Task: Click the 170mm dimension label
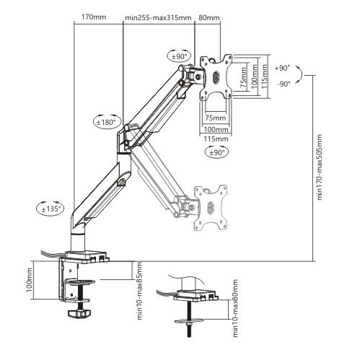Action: (x=94, y=17)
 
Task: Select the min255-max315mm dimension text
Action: (x=158, y=18)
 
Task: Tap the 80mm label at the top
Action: (x=209, y=17)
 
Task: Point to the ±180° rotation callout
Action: (x=107, y=121)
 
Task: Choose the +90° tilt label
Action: (x=282, y=68)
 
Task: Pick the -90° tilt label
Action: (x=284, y=84)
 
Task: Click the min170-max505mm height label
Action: (x=320, y=167)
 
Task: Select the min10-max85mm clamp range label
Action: (x=139, y=291)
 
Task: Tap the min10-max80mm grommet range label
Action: (x=235, y=308)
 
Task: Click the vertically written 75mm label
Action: (x=243, y=77)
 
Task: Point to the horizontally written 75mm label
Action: (x=216, y=118)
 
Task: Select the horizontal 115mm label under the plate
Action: (x=216, y=139)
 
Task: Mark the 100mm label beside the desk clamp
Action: (x=30, y=281)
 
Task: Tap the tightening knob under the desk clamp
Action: (x=79, y=313)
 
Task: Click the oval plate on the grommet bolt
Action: (x=189, y=320)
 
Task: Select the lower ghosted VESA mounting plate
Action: (x=211, y=207)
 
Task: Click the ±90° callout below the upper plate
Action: (x=216, y=152)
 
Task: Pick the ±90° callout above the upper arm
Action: (x=179, y=57)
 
